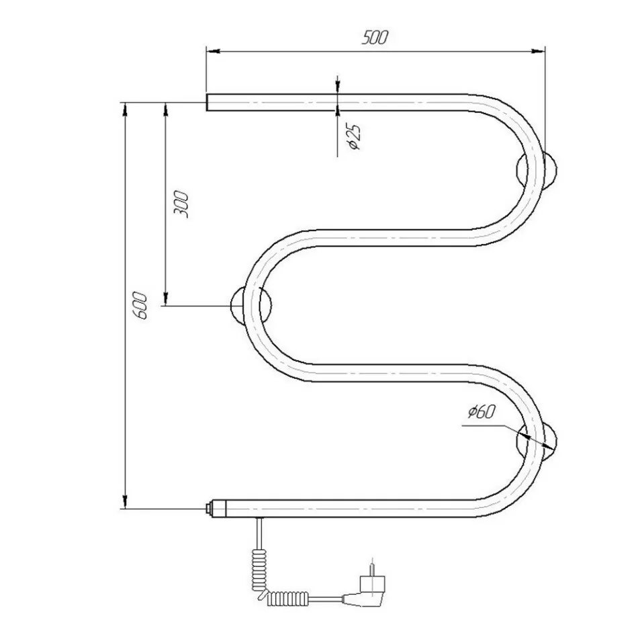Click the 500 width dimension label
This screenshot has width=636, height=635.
point(375,38)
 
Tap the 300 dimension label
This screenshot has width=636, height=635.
point(181,204)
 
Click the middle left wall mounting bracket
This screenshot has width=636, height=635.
point(251,305)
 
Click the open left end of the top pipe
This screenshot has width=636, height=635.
point(208,102)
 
